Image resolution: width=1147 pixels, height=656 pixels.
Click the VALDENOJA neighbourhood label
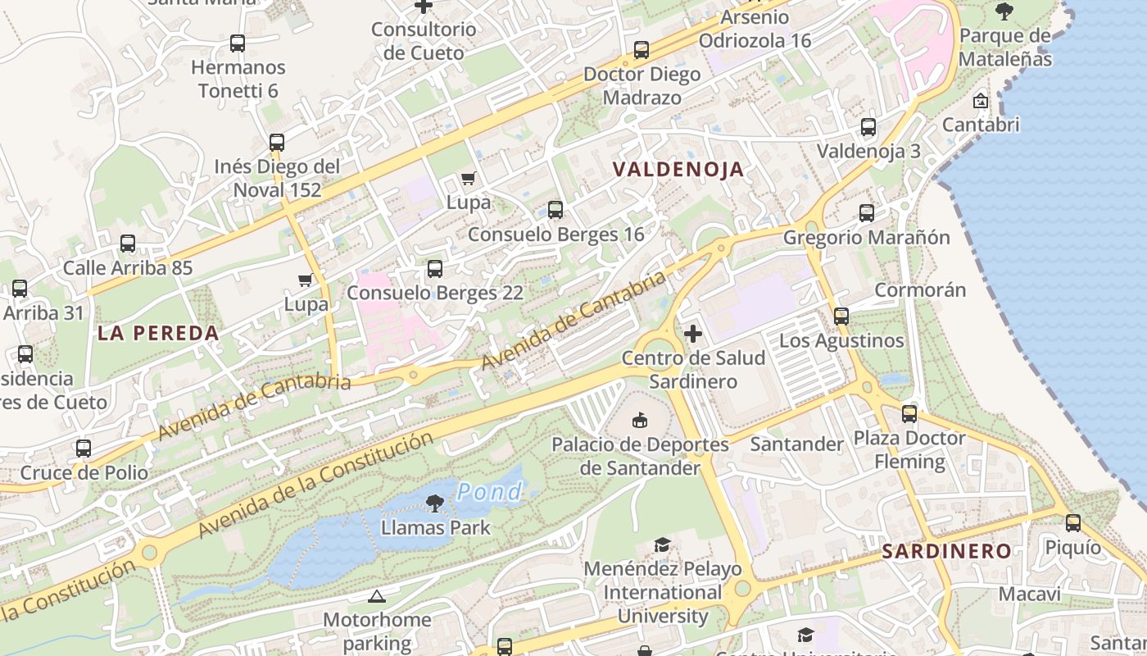tap(678, 170)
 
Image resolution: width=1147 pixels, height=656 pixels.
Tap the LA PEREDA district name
tap(158, 333)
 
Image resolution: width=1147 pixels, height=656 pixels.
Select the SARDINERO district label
tap(946, 551)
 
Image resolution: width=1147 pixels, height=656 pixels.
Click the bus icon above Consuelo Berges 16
tap(555, 210)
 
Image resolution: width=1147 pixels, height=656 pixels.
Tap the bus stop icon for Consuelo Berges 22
tap(435, 269)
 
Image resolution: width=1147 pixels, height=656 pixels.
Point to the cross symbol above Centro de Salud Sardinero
tap(693, 334)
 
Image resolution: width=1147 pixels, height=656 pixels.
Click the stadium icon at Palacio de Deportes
tap(640, 421)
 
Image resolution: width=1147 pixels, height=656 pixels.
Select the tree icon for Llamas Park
tap(435, 503)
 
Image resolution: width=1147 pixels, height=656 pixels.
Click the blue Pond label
tap(489, 492)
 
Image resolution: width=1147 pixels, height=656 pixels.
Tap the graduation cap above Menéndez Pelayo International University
tap(662, 544)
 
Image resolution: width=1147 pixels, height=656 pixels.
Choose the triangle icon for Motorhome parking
tap(377, 596)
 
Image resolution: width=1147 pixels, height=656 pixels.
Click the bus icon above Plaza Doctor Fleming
tap(909, 414)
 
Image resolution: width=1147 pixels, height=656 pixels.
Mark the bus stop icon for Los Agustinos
tap(841, 317)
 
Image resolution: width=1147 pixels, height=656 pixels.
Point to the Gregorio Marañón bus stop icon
tap(867, 213)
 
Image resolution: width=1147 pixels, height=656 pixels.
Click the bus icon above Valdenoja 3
tap(868, 127)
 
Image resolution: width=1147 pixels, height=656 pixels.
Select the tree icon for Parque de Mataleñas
tap(1004, 11)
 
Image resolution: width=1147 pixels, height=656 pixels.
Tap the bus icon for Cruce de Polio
tap(84, 449)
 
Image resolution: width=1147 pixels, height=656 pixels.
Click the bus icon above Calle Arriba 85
tap(128, 244)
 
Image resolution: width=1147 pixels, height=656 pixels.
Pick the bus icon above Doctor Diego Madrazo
tap(642, 50)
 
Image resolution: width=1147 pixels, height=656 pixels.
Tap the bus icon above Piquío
tap(1073, 523)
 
